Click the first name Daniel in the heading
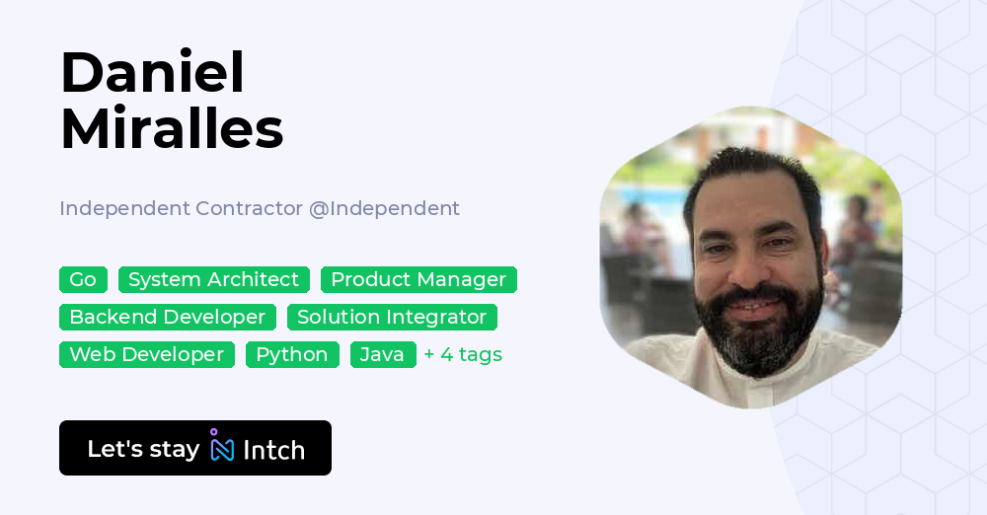152,72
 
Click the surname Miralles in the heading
172,128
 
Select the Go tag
83,280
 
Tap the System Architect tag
213,280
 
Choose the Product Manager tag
418,280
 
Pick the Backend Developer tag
168,318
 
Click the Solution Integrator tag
392,318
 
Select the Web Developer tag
147,355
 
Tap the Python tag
292,355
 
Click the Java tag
382,355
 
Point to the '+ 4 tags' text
463,355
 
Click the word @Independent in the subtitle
385,209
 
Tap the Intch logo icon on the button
221,447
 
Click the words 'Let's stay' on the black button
143,449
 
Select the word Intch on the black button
273,450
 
